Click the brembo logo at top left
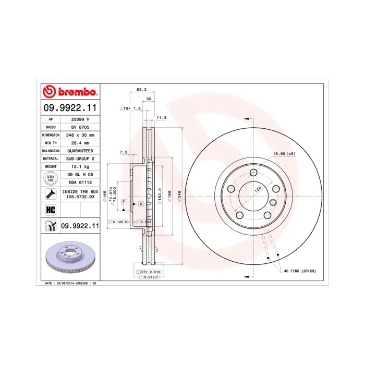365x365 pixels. pyautogui.click(x=69, y=92)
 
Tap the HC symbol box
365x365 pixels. pyautogui.click(x=51, y=210)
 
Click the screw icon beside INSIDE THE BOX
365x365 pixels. pyautogui.click(x=51, y=194)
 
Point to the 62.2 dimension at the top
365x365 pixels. pyautogui.click(x=140, y=90)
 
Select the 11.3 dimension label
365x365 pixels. pyautogui.click(x=161, y=118)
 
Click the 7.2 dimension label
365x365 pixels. pyautogui.click(x=124, y=152)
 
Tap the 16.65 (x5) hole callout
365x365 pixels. pyautogui.click(x=284, y=154)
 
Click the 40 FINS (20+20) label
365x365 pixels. pyautogui.click(x=300, y=272)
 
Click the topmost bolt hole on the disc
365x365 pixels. pyautogui.click(x=253, y=172)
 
